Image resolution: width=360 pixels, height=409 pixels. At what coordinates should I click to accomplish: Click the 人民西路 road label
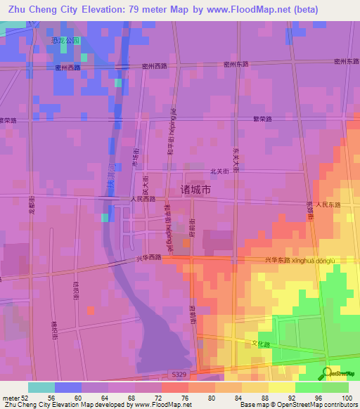143,199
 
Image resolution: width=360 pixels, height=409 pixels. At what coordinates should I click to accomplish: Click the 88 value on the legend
264,398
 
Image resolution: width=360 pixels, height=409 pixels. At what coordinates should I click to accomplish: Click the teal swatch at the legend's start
41,387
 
